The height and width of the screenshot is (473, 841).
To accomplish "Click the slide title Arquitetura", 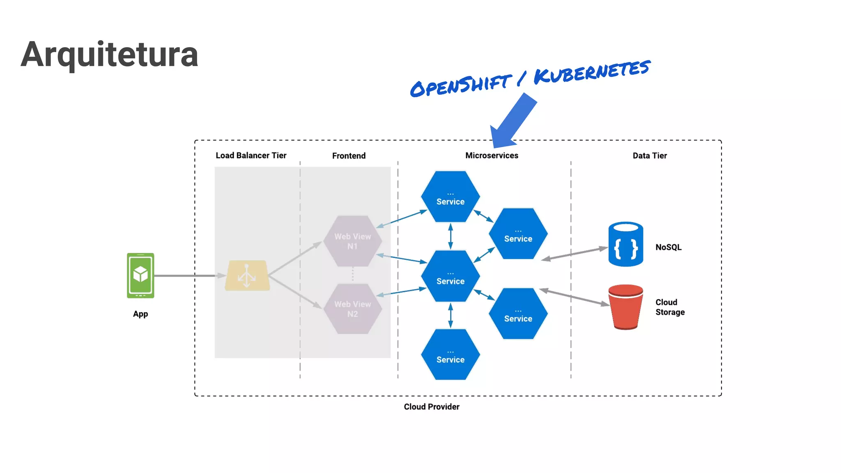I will point(109,54).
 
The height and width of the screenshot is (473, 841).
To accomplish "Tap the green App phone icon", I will point(140,275).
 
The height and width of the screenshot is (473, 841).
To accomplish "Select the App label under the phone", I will point(140,314).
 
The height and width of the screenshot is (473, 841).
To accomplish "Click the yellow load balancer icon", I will point(247,276).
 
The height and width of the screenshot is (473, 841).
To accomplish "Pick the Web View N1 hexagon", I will point(352,241).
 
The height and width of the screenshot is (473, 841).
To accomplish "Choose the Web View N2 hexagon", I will point(352,309).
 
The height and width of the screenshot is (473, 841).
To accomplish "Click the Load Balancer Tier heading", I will point(251,156).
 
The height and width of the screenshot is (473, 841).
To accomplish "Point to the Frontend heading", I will point(349,156).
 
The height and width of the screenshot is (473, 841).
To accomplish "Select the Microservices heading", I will point(492,156).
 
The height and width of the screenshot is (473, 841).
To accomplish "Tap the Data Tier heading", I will point(650,156).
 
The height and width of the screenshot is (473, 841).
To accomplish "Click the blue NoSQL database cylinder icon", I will point(625,244).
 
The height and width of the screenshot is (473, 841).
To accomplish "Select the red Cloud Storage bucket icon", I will point(625,307).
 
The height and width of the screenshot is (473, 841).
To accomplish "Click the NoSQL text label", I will point(668,247).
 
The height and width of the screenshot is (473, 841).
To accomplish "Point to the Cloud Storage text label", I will point(670,307).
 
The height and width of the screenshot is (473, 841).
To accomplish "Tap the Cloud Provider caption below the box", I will point(432,407).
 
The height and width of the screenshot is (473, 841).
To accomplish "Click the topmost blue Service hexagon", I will point(450,197).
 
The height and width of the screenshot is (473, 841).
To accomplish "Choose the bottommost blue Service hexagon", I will point(450,355).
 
